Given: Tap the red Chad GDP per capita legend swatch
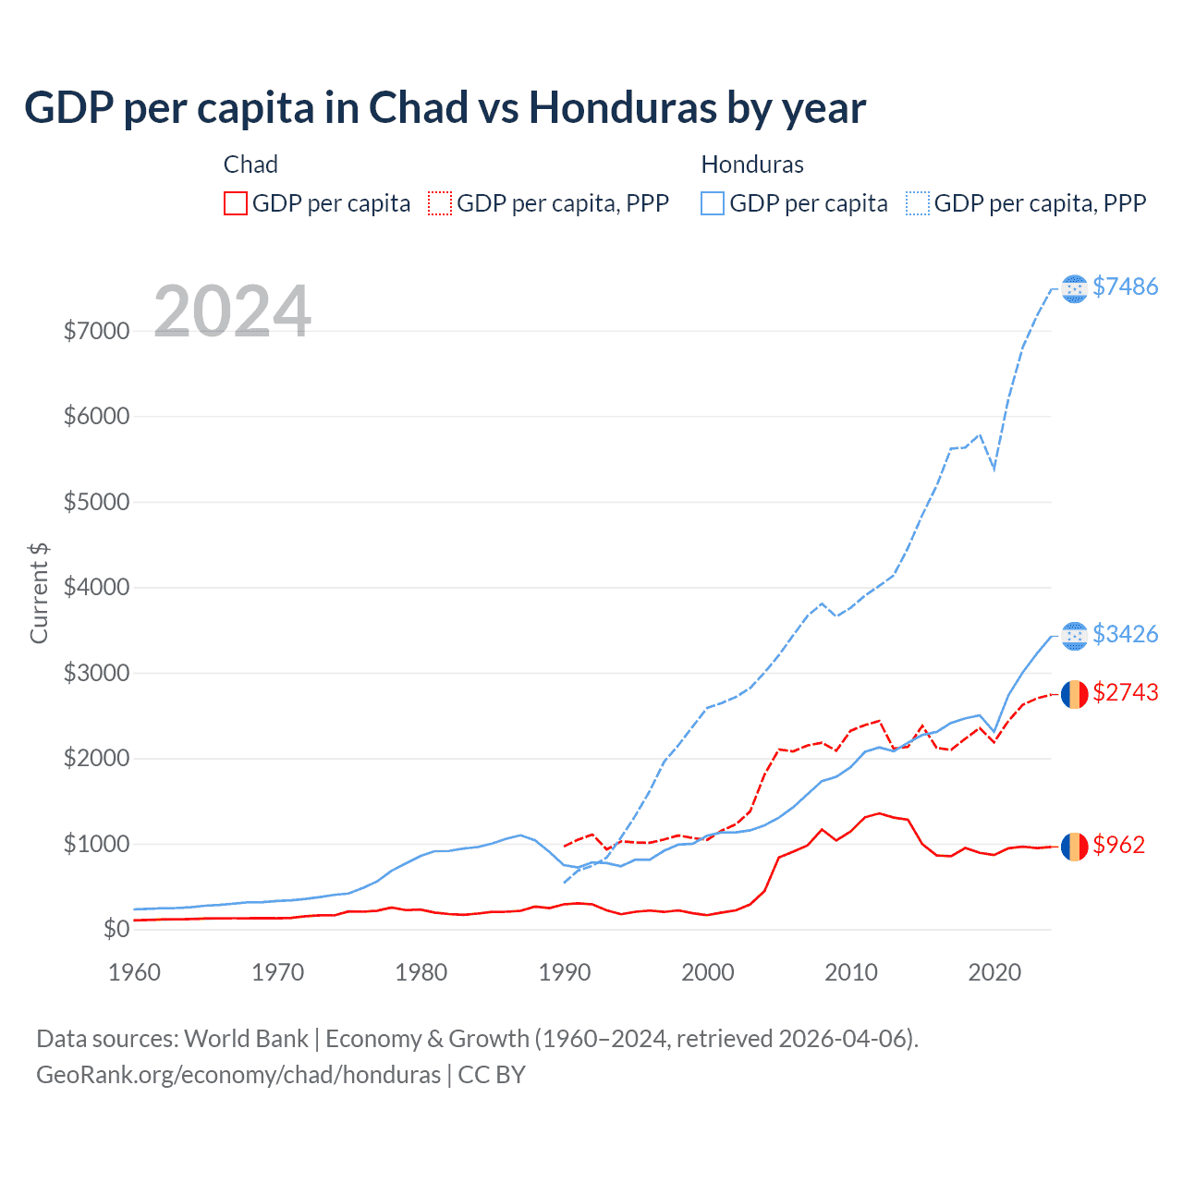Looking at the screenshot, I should tap(236, 203).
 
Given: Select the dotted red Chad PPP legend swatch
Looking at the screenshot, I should tap(440, 203).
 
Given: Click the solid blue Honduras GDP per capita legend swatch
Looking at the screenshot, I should tap(713, 203).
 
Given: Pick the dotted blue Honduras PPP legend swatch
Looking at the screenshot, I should tap(918, 203).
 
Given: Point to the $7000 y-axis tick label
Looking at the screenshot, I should tap(96, 331).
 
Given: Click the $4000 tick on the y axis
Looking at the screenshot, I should tap(96, 588).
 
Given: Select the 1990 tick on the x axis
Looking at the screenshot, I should tap(564, 972).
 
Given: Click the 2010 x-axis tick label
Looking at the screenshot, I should tap(850, 972).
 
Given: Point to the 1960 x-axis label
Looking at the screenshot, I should tap(135, 972).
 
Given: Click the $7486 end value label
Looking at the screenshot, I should tap(1125, 287).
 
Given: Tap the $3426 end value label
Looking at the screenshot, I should tap(1125, 635).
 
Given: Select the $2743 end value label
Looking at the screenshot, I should tap(1125, 693).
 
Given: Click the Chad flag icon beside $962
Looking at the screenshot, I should tap(1074, 846).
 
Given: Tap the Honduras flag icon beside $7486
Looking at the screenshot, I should tap(1074, 289).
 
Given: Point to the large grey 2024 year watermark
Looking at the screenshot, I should tap(232, 311).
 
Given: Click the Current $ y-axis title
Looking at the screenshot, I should tap(39, 593).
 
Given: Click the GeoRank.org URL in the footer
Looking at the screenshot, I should tap(238, 1075).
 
